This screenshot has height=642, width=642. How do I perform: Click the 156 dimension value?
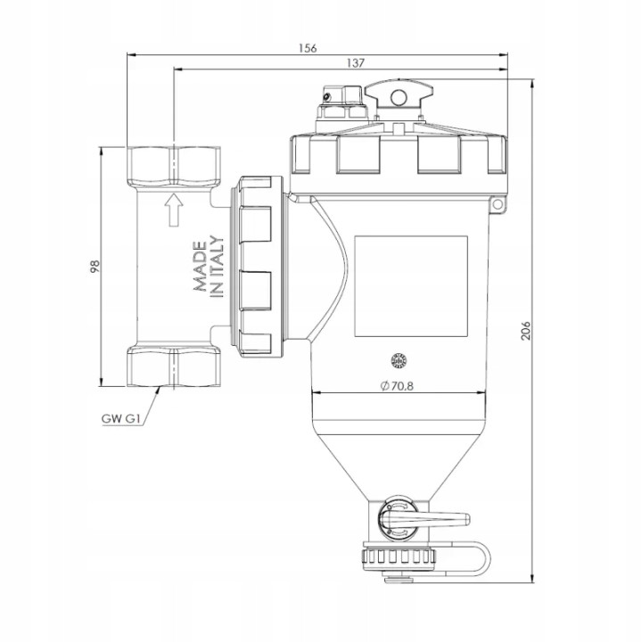tap(308, 48)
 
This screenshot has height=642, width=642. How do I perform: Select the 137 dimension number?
tap(356, 63)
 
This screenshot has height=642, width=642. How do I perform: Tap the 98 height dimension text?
tap(95, 267)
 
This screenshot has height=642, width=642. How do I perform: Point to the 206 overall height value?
tap(526, 330)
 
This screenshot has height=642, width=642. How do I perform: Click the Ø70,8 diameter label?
tap(397, 386)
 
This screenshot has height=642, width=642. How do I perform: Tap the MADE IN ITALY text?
tap(209, 266)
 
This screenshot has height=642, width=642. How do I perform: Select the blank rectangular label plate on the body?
tap(411, 286)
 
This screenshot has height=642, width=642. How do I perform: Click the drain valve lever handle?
tap(426, 520)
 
